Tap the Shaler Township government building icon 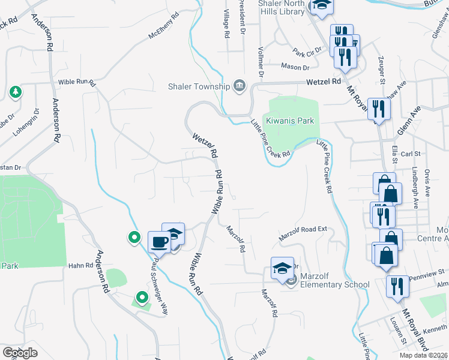pyautogui.click(x=239, y=86)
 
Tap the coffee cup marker pyautogui.click(x=159, y=242)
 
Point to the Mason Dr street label pyautogui.click(x=294, y=67)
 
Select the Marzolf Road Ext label pyautogui.click(x=303, y=234)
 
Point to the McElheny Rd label pyautogui.click(x=164, y=26)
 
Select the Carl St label pyautogui.click(x=411, y=154)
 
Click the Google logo pyautogui.click(x=20, y=353)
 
